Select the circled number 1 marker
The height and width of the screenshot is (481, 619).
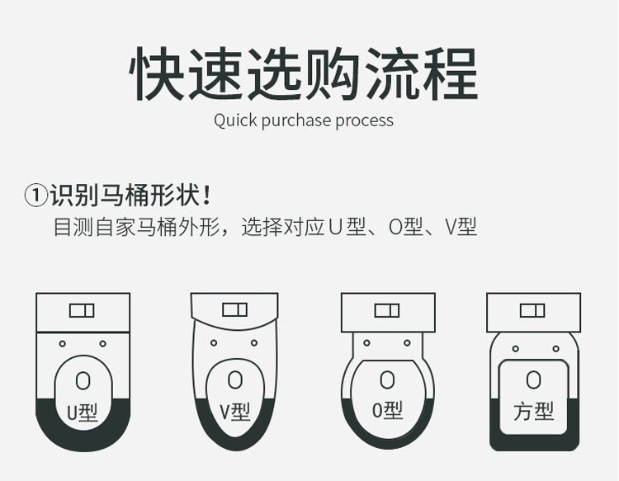coord(36,195)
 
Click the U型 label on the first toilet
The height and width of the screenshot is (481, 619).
coord(82,413)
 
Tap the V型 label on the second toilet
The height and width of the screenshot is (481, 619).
coord(235,412)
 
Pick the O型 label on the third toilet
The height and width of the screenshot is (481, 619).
coord(387,410)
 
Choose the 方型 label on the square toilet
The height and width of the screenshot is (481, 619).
coord(534,412)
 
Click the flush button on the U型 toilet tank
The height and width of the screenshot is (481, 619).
coord(82,310)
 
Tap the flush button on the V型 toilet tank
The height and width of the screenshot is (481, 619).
coord(235,309)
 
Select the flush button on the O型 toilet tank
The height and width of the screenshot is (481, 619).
coord(387,310)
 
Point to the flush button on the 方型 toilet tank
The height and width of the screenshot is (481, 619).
coord(533,310)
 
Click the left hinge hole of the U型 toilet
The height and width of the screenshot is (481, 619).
coord(63,344)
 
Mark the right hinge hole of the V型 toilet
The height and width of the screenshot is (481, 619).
coord(254,343)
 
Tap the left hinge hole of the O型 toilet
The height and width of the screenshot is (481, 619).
coord(366,343)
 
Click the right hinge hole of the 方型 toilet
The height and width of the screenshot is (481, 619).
coord(555,349)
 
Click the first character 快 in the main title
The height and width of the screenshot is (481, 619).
coord(157,73)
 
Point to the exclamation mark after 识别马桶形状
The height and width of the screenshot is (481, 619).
coord(206,195)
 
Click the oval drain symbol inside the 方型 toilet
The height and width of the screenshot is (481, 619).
coord(534,380)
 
